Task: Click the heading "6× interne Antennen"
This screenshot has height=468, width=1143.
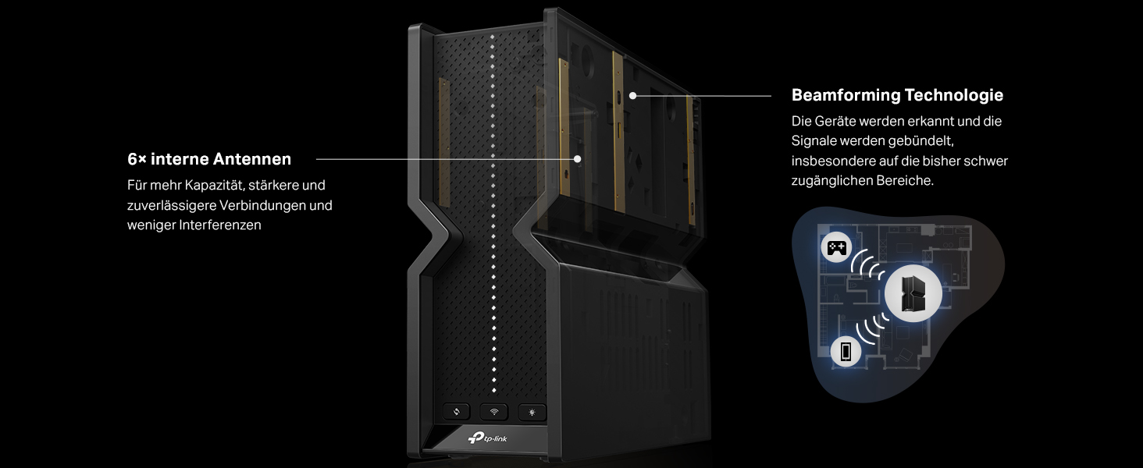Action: coord(209,159)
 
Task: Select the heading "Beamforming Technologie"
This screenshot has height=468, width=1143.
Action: coord(897,95)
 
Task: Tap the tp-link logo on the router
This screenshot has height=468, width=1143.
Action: coord(487,438)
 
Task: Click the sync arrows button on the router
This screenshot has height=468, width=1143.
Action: coord(456,411)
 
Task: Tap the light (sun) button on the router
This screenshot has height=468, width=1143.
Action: coord(532,412)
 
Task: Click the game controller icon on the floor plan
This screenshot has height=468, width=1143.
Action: coord(836,248)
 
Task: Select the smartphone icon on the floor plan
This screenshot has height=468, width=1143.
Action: coord(846,351)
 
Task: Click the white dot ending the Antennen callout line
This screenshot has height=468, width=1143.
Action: coord(577,159)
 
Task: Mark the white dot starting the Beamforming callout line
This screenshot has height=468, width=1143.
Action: coord(632,95)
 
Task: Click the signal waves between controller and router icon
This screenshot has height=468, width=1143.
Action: coord(867,265)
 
